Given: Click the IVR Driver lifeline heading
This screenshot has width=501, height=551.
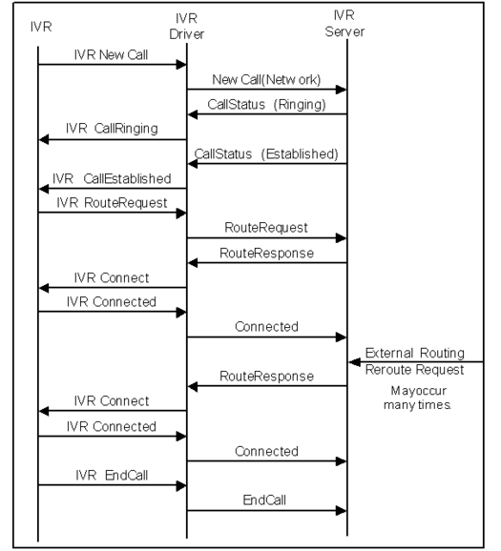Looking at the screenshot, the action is [186, 26].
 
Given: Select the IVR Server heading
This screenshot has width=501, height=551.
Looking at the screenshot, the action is [344, 23].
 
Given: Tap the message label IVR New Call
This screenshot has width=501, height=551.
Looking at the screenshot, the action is [111, 55].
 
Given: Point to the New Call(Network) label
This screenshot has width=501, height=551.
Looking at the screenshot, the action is [266, 80].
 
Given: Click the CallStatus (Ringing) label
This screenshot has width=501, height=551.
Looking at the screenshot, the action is [266, 105].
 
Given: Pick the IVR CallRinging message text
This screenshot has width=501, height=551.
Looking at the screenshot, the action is [112, 129].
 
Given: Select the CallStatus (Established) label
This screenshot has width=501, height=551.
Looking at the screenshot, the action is [266, 153].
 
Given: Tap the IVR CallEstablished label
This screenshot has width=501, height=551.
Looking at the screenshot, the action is [112, 178].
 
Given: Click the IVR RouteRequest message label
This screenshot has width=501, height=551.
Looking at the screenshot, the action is [112, 203].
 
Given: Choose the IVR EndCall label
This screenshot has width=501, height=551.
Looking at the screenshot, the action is [112, 476].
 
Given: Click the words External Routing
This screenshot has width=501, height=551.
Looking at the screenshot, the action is [415, 353].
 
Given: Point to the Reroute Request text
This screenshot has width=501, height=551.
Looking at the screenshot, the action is [415, 370].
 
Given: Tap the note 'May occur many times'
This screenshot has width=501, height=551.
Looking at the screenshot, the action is [417, 398].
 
